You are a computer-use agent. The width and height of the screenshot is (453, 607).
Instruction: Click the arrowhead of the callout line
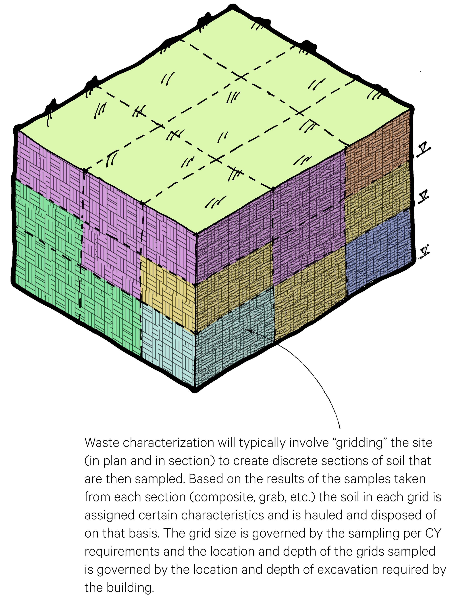(250, 331)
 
